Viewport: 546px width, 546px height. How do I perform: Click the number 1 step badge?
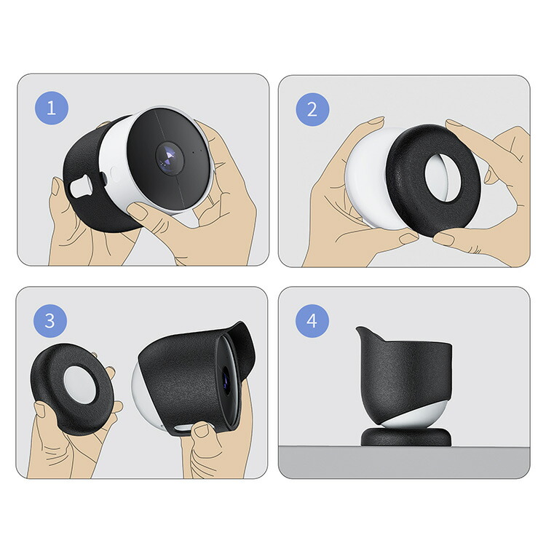coord(51,109)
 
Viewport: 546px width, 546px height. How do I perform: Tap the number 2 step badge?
coord(312,109)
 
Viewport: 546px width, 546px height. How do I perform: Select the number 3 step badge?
coord(50,321)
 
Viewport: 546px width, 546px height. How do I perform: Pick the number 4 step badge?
coord(312,321)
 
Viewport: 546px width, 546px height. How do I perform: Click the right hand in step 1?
coord(218,211)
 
